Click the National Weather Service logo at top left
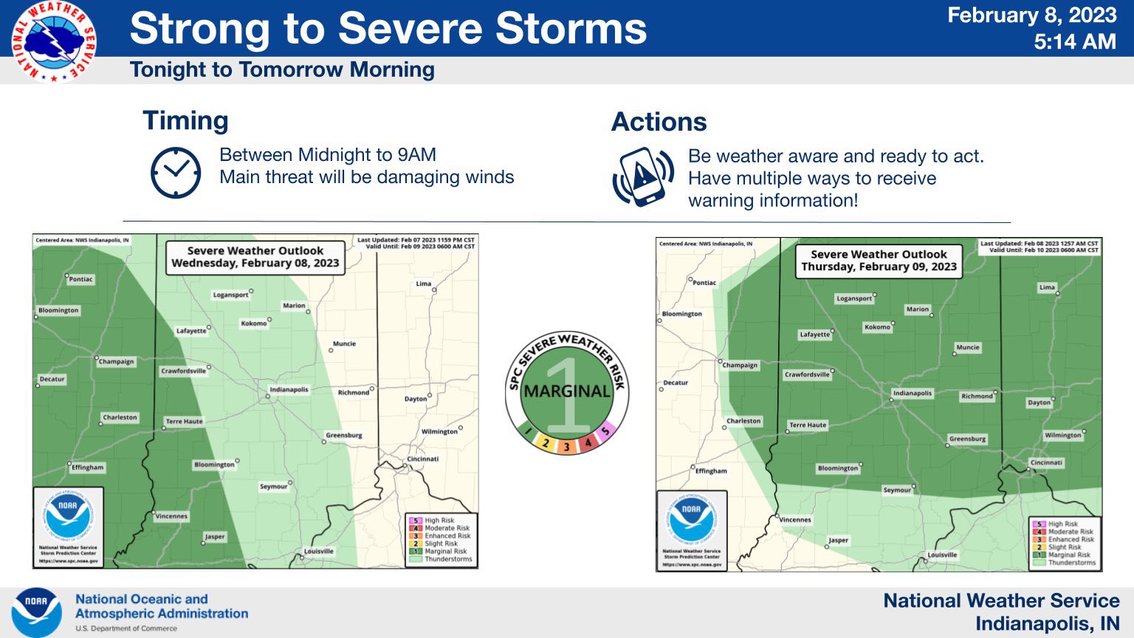(x=53, y=41)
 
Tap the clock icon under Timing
(x=176, y=172)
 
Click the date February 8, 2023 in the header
(x=1031, y=16)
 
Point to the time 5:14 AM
(x=1074, y=42)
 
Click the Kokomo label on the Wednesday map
(x=253, y=323)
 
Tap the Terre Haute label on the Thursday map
(x=808, y=425)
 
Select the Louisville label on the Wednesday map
(x=319, y=551)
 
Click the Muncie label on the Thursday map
(x=967, y=347)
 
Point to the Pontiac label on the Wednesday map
(x=80, y=279)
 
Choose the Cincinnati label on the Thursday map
(x=1046, y=463)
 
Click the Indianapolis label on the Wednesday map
(x=289, y=389)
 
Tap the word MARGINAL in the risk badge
(x=567, y=391)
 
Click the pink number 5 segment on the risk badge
(x=605, y=431)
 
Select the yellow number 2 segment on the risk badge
(x=546, y=443)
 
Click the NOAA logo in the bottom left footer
(x=36, y=612)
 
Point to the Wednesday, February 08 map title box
(x=255, y=257)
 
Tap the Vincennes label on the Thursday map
(x=795, y=520)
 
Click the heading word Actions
(x=659, y=122)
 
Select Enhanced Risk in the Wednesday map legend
(x=447, y=536)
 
